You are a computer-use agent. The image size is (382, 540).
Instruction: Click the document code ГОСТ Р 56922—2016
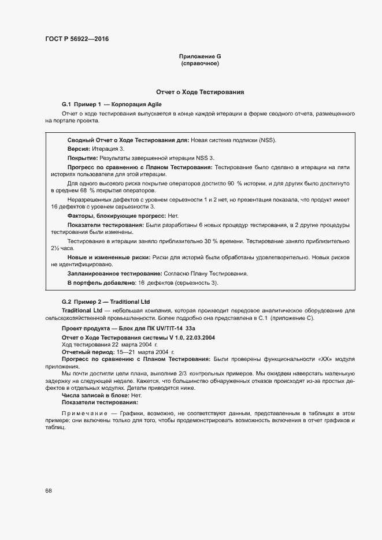click(76, 39)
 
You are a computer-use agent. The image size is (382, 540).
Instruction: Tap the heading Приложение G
click(200, 57)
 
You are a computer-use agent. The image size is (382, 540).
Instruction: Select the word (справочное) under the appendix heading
click(200, 64)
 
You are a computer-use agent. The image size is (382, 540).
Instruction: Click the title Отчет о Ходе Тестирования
click(200, 92)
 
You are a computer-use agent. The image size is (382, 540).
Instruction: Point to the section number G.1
click(66, 105)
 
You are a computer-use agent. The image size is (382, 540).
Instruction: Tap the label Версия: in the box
click(79, 149)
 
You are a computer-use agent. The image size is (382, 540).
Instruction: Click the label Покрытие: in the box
click(83, 158)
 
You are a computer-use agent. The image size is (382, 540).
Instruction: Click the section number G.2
click(66, 302)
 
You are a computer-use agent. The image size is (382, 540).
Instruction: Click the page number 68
click(49, 491)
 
